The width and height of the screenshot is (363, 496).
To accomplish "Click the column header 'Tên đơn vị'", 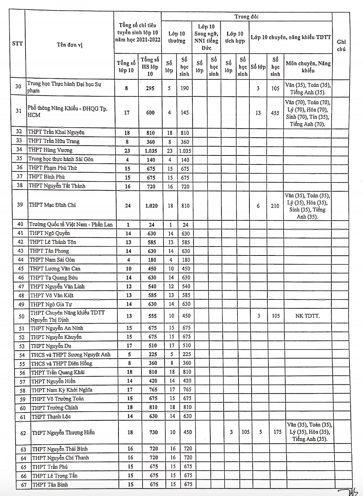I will [x=69, y=45].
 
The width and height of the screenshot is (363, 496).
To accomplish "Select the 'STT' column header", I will [x=17, y=43].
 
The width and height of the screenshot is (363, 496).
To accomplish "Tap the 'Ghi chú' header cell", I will [x=341, y=45].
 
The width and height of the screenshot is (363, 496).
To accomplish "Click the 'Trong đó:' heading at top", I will [x=246, y=16].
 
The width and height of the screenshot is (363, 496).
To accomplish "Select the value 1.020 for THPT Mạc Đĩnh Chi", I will [x=151, y=206].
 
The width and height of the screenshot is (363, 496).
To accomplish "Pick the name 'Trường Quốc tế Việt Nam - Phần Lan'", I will [x=71, y=224].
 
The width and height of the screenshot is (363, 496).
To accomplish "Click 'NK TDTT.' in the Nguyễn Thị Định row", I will [x=307, y=316].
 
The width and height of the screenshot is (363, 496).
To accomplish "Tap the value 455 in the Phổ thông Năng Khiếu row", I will [x=275, y=113].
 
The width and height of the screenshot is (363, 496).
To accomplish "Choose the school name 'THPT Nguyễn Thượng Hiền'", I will [x=63, y=433].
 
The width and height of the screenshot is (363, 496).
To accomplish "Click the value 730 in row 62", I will [x=153, y=432].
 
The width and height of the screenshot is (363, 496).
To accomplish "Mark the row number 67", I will [x=23, y=485].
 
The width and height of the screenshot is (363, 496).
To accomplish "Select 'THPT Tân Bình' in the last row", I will [x=50, y=484].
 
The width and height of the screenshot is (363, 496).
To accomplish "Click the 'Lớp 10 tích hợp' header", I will [x=235, y=37].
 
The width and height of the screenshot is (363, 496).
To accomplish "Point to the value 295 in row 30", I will [x=150, y=88].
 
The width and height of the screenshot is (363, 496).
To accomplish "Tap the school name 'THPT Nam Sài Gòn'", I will [x=52, y=260].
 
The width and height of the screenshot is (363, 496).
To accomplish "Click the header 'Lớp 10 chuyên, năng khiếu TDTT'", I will [x=291, y=37].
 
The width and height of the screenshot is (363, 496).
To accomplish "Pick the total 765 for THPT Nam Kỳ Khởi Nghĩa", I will [x=153, y=390].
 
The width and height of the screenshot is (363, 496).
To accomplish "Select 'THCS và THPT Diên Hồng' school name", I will [x=61, y=363].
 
